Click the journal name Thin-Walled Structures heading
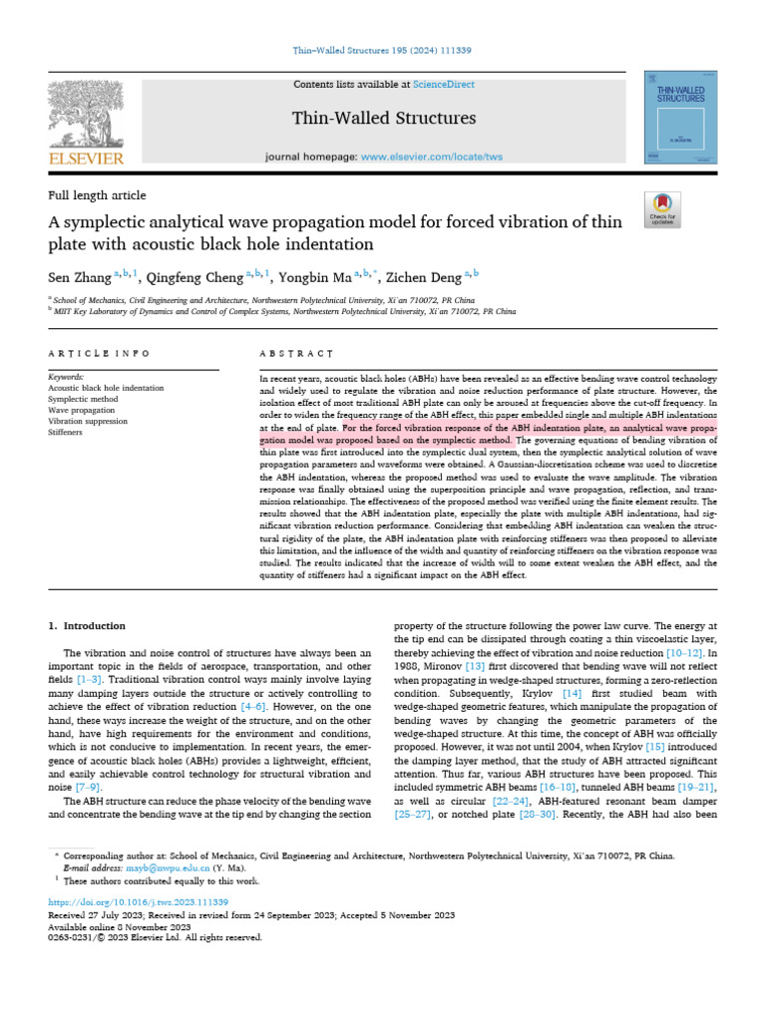(x=384, y=119)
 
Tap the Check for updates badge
(x=662, y=206)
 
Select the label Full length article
(x=97, y=195)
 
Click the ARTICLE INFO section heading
(x=100, y=354)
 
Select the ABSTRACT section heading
(x=295, y=354)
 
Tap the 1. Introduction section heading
(x=88, y=626)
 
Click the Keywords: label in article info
(x=68, y=377)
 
